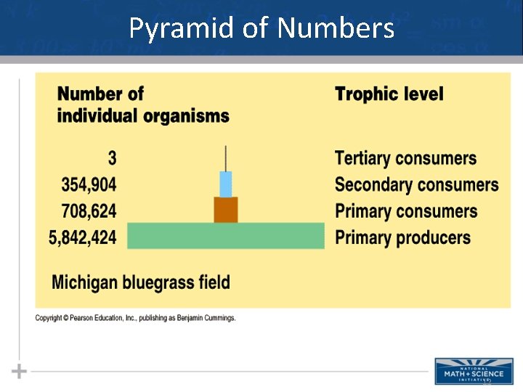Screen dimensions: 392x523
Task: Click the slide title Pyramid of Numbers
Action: pyautogui.click(x=261, y=28)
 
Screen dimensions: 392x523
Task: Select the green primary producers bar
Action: pyautogui.click(x=225, y=236)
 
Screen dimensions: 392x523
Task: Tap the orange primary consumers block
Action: pyautogui.click(x=225, y=210)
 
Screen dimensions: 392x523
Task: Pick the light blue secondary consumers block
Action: pyautogui.click(x=225, y=184)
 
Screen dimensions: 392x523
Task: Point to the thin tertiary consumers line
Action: pyautogui.click(x=225, y=158)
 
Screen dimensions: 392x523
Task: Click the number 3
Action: pyautogui.click(x=112, y=158)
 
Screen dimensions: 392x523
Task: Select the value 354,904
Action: pyautogui.click(x=89, y=184)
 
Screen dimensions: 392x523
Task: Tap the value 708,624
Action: pyautogui.click(x=89, y=211)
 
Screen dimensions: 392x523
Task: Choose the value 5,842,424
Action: pyautogui.click(x=82, y=237)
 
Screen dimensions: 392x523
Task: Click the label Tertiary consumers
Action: pyautogui.click(x=405, y=158)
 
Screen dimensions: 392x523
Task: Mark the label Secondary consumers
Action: pyautogui.click(x=416, y=184)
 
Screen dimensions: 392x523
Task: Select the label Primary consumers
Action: pyautogui.click(x=406, y=211)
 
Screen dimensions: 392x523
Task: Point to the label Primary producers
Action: pyautogui.click(x=402, y=237)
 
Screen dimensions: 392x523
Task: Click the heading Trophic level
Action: pyautogui.click(x=389, y=94)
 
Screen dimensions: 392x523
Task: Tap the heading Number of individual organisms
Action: pyautogui.click(x=142, y=105)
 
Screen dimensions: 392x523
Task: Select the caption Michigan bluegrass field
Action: pyautogui.click(x=141, y=282)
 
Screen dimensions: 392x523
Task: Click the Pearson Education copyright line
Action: pyautogui.click(x=136, y=318)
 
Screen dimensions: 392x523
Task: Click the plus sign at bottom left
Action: pyautogui.click(x=20, y=371)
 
